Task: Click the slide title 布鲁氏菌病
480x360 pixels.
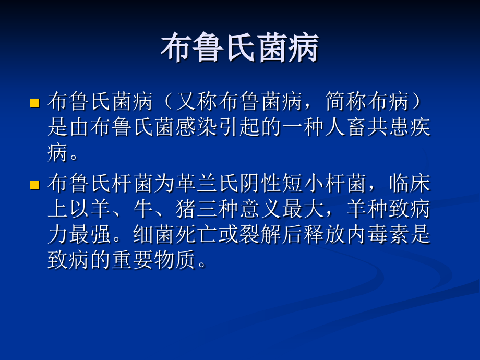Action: [239, 50]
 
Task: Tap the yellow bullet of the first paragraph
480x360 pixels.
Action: [34, 102]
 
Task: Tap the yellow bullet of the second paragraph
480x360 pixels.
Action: [34, 184]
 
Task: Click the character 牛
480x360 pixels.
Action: [143, 209]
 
